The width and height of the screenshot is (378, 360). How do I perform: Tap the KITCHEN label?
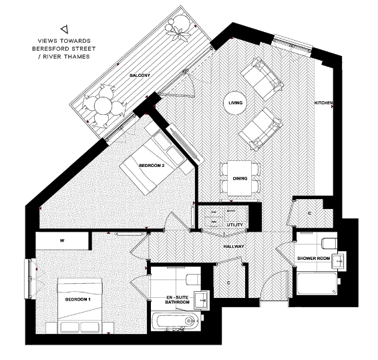point(324,104)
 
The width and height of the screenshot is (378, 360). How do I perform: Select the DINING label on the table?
point(240,179)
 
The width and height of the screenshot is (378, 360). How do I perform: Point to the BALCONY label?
point(140,75)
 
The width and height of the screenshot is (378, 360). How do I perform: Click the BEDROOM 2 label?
point(151,165)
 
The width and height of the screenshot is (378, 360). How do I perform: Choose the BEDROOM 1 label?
point(77,300)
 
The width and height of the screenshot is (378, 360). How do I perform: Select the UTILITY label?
point(234,225)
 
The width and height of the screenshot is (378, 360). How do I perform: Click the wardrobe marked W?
point(61,240)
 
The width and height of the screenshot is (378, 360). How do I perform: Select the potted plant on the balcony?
point(178,27)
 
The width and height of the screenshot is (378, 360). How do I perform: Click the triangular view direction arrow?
point(64,29)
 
